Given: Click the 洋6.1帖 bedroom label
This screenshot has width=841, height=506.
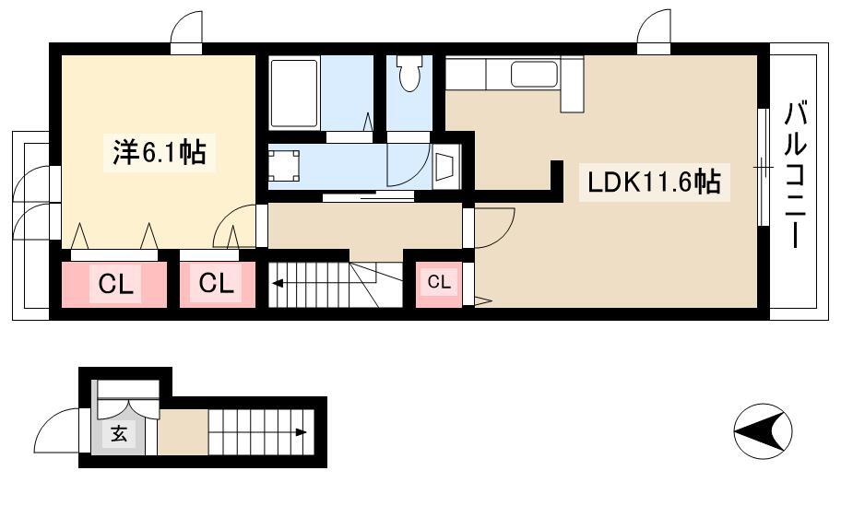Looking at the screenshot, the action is point(160,152).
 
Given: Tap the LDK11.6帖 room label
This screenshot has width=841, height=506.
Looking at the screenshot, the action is point(654,182).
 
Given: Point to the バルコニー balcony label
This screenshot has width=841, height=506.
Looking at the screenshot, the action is point(797,174).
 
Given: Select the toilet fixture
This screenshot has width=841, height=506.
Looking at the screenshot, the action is point(409,74).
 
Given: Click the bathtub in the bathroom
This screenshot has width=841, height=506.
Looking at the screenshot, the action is point(294,93).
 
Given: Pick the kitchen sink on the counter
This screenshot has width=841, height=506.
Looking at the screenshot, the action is point(534,74).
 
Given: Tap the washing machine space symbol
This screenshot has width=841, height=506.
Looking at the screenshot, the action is point(284,166).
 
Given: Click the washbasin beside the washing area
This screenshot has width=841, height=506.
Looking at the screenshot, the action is point(445,166).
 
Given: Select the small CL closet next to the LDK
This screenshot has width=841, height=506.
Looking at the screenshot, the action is point(439,282).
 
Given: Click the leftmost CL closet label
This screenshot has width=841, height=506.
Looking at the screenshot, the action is point(115,284).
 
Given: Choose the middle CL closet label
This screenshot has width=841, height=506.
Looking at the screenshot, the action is point(216,283).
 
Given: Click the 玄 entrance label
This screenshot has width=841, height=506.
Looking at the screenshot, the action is point(119,433).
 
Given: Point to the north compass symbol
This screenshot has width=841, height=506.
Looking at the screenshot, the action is point(763,430).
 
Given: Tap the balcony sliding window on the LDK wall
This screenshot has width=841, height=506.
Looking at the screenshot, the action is point(764,167).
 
